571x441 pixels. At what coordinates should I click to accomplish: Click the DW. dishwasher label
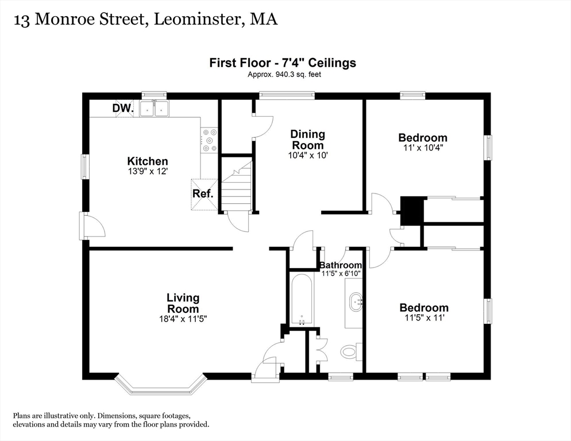123,108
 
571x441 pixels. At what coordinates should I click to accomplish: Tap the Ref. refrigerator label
203,194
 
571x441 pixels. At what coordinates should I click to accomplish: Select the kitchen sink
153,108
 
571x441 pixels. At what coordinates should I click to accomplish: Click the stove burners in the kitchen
209,140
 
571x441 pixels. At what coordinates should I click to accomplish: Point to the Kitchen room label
148,161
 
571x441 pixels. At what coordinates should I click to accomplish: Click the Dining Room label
308,140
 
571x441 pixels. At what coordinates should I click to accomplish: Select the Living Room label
183,303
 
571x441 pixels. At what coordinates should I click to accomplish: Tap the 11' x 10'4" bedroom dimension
423,148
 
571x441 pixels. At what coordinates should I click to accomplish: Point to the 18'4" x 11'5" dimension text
183,319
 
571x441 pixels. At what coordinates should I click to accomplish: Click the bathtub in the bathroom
301,299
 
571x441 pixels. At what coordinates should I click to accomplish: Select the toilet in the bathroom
349,350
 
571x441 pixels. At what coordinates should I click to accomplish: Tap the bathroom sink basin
356,300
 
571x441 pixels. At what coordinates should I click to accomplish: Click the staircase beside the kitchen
237,187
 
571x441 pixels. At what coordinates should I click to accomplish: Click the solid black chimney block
411,210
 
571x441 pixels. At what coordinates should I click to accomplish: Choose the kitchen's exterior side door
92,226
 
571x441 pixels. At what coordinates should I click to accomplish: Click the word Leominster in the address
196,20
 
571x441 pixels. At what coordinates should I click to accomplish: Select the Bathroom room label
341,265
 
